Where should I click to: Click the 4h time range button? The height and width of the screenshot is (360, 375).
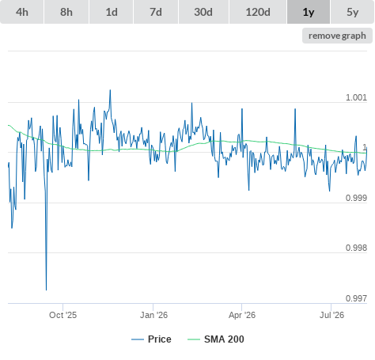click(x=22, y=12)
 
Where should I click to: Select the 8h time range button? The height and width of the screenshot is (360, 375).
click(x=66, y=12)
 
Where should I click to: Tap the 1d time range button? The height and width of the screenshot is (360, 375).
click(x=112, y=12)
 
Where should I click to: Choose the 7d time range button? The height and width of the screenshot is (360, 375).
click(x=156, y=12)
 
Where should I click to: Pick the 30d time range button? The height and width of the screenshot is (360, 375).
click(x=203, y=12)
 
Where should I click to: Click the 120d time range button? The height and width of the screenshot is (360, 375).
click(x=258, y=12)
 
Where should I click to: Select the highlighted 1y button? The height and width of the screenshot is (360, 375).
click(x=309, y=12)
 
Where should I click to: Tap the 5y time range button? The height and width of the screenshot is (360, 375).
click(x=353, y=12)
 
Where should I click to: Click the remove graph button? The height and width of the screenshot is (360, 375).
click(x=337, y=36)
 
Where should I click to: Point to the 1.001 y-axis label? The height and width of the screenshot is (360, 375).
click(x=356, y=97)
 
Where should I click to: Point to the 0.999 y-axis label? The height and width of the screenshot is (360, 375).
click(x=356, y=198)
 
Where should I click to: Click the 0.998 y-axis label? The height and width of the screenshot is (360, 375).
click(x=356, y=248)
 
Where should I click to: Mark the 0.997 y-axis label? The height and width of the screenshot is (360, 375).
click(x=356, y=298)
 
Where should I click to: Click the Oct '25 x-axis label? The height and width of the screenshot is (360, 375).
click(x=62, y=315)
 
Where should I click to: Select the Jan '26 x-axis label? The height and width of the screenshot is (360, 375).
click(x=153, y=315)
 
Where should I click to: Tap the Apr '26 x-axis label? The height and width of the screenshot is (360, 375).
click(x=242, y=315)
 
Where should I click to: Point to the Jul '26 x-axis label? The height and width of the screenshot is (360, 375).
click(x=331, y=315)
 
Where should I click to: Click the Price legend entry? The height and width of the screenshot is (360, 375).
click(x=151, y=339)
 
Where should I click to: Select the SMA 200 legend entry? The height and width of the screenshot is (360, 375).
click(x=216, y=339)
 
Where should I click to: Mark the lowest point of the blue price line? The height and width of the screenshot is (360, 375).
click(x=46, y=290)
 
